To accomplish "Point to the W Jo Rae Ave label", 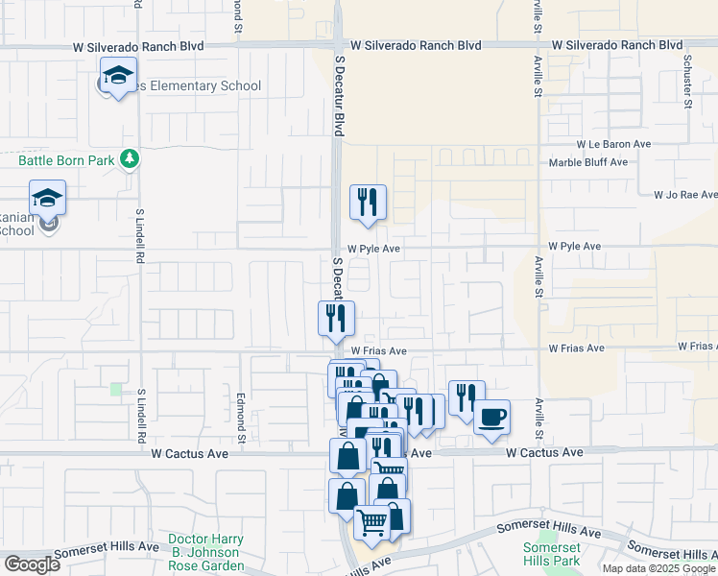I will click(685, 194).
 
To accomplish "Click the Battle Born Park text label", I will click(66, 159).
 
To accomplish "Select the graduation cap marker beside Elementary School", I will click(118, 76).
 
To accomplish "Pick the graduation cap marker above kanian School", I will click(47, 199).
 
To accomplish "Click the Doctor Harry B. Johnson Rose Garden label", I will click(205, 552).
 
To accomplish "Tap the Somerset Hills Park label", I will click(551, 554).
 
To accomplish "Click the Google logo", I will click(31, 564).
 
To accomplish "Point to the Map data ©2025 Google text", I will click(658, 568).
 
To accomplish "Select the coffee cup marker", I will click(491, 418).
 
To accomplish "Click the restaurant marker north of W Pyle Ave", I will click(368, 203).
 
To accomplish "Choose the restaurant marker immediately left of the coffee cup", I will click(467, 398).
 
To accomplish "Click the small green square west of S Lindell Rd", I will click(116, 389).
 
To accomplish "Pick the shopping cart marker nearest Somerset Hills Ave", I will click(371, 523).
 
